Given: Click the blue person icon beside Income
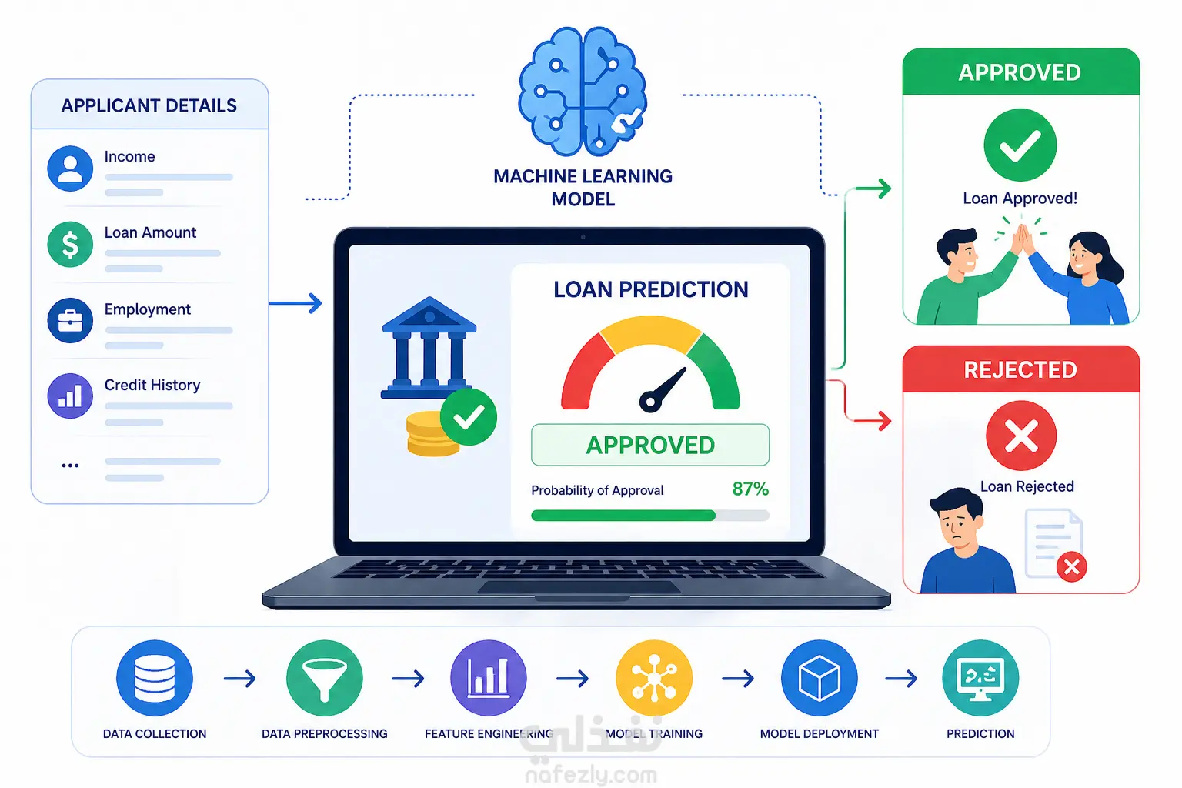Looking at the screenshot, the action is pos(70,169).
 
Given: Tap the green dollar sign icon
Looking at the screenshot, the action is pos(70,245).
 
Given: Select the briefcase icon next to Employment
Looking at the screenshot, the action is pos(70,320).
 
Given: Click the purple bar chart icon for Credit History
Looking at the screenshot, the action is pos(70,396).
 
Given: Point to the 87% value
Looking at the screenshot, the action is pos(750,489).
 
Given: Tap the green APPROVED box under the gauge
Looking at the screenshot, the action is pos(650,445).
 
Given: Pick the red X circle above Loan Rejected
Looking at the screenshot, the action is pos(1021,436).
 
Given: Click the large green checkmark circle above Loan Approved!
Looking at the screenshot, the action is pos(1020,145).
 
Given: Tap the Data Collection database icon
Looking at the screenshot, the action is pos(155,678).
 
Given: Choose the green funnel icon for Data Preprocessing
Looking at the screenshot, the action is pos(325,678).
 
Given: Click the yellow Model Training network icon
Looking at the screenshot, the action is pos(654,678).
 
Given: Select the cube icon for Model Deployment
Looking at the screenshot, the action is pos(820,678).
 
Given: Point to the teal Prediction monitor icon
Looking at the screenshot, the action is pos(980,678).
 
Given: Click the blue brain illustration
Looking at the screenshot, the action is pos(583,92).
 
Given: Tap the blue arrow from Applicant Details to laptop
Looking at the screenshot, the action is pos(295,303).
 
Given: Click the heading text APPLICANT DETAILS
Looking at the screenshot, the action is pos(149,105).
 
